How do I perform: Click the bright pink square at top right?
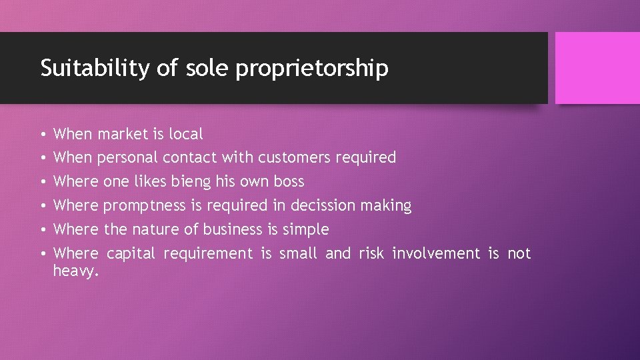click(x=597, y=68)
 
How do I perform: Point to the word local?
click(x=185, y=134)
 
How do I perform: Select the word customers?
click(x=294, y=158)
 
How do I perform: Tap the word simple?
click(x=307, y=230)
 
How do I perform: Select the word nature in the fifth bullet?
click(x=153, y=230)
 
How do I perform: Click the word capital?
click(x=131, y=254)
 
